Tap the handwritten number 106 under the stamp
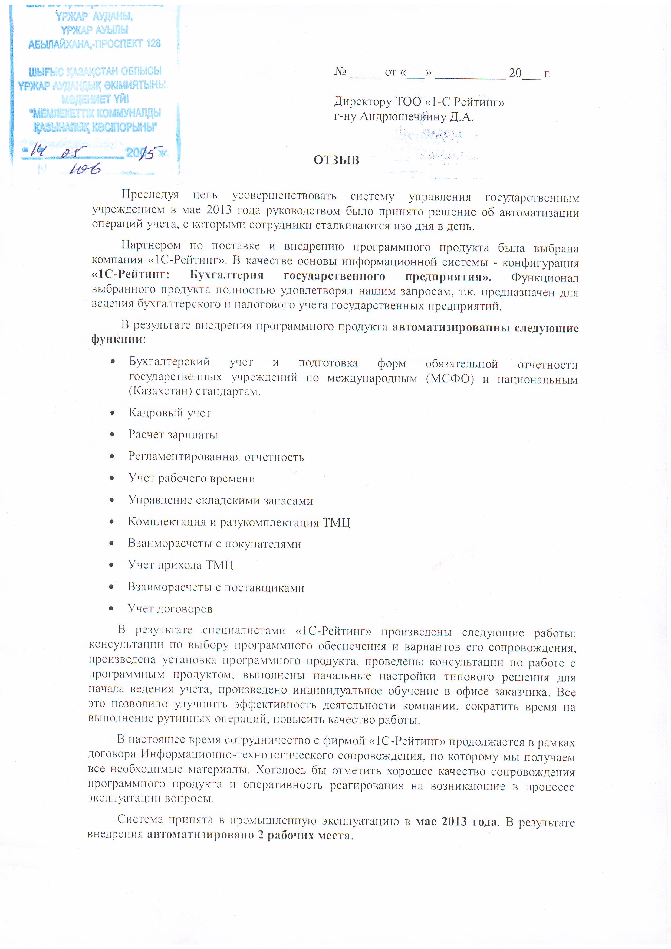tap(85, 169)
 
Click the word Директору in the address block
tap(363, 102)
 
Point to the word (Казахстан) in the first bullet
tap(160, 391)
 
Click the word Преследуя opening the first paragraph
tap(150, 195)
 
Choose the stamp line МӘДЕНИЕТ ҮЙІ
tap(95, 99)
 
